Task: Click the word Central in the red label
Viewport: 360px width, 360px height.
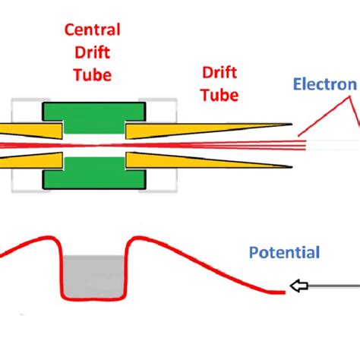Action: (x=92, y=31)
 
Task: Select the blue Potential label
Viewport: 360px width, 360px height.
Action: (x=285, y=252)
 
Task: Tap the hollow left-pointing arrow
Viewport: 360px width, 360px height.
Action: (x=302, y=286)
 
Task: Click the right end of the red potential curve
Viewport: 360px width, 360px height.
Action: (x=286, y=290)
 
